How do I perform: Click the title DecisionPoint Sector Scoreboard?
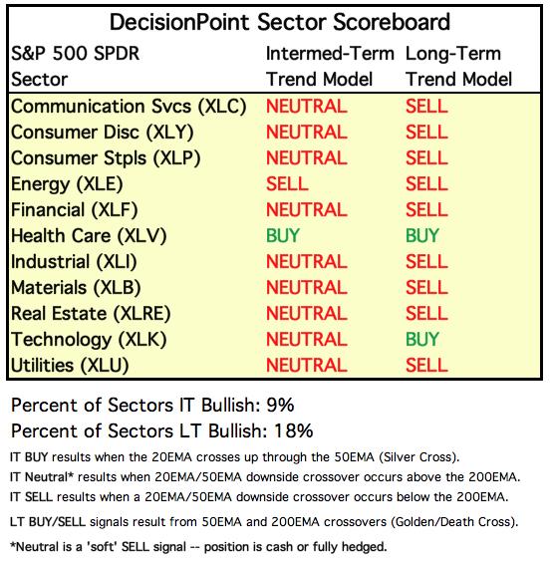(x=280, y=22)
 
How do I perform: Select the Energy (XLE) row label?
(x=67, y=184)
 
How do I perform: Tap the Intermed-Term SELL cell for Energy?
(x=287, y=183)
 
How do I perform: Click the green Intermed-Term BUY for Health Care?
(x=283, y=236)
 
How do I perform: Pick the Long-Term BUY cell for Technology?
(x=422, y=340)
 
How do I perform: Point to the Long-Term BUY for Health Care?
(x=422, y=236)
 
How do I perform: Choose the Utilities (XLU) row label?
(x=70, y=366)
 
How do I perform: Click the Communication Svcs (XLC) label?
(x=129, y=107)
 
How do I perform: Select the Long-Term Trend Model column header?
(x=458, y=67)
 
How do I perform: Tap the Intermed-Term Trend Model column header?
(x=330, y=67)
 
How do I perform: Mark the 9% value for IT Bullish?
(x=280, y=405)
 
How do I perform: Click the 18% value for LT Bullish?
(x=294, y=431)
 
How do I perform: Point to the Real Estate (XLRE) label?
(x=91, y=314)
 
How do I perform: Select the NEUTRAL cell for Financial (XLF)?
(x=307, y=209)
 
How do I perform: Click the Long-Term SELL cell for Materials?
(x=426, y=288)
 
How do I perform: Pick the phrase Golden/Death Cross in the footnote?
(x=451, y=522)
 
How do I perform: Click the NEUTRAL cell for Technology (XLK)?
(x=307, y=340)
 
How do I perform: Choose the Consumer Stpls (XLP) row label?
(x=106, y=158)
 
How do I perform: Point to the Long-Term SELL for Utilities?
(x=426, y=366)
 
